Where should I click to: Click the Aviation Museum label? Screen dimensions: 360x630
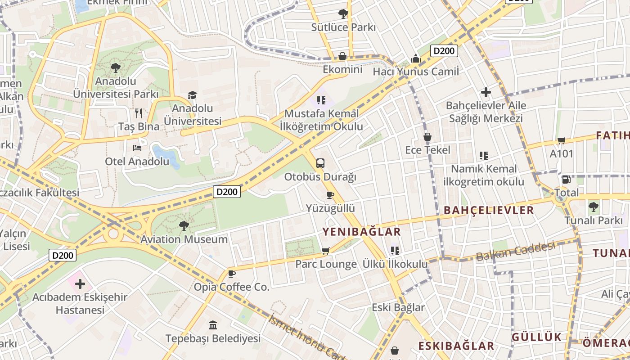(x=184, y=239)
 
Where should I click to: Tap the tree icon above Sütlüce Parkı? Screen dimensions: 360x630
(x=343, y=14)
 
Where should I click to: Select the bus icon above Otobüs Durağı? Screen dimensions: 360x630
(x=320, y=163)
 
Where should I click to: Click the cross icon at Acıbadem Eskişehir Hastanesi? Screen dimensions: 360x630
(x=80, y=284)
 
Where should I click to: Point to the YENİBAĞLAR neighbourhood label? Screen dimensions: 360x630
(x=361, y=232)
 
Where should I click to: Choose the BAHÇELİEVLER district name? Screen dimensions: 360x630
(x=489, y=210)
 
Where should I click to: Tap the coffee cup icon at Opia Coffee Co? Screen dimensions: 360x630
(x=232, y=274)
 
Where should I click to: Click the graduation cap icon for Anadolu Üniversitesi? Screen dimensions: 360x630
(x=193, y=95)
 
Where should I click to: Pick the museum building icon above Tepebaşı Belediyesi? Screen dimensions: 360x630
(x=213, y=325)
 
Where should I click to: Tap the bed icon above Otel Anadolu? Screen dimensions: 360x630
(x=137, y=148)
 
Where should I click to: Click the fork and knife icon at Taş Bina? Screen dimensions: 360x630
(x=139, y=113)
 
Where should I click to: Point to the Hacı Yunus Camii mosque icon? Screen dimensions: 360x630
(x=415, y=58)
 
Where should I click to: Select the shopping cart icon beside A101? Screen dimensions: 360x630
(x=561, y=141)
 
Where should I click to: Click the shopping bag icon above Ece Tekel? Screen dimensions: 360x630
(x=427, y=136)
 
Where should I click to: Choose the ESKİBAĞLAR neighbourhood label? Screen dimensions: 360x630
(x=456, y=346)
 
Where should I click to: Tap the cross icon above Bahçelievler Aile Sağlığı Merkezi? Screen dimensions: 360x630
(x=486, y=92)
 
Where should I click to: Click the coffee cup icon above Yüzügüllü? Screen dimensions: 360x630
(x=330, y=195)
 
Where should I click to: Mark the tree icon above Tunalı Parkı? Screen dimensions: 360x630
(x=593, y=207)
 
